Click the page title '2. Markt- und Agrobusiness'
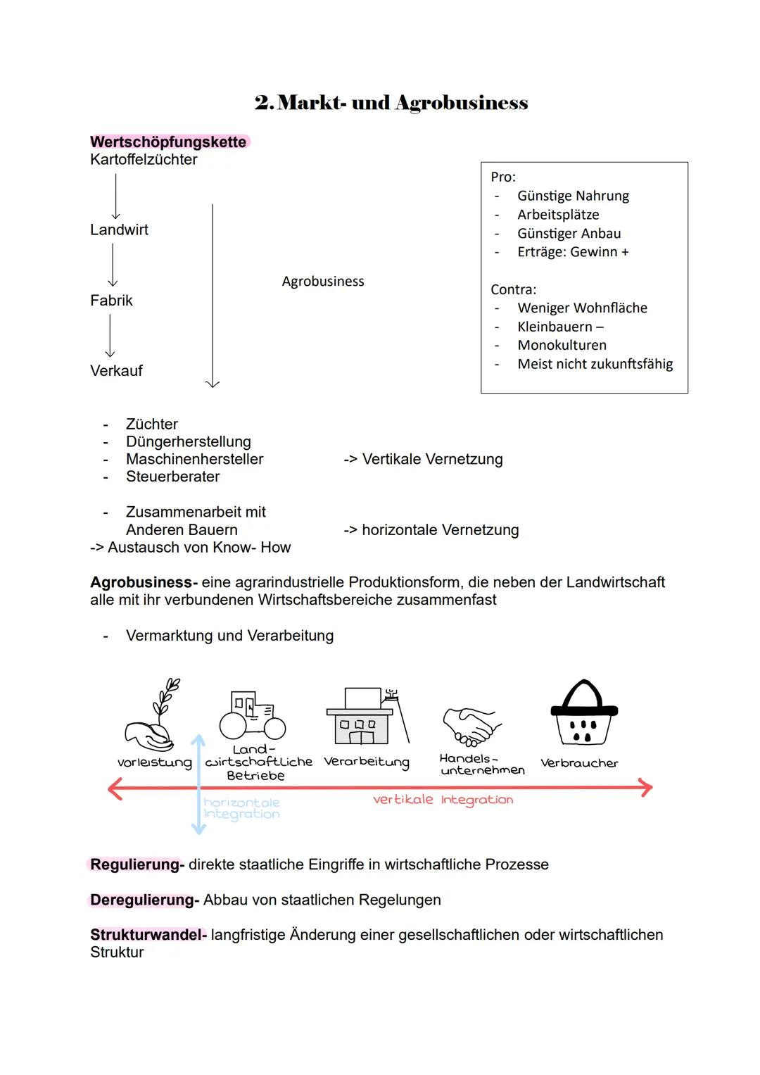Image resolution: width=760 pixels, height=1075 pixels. [391, 103]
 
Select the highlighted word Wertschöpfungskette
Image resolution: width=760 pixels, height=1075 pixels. [168, 142]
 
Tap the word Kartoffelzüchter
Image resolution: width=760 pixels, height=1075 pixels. [144, 160]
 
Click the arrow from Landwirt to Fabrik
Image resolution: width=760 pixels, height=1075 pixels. [113, 265]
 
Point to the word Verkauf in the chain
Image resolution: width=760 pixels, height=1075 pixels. [116, 371]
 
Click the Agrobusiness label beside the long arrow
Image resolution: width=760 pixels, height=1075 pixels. [323, 282]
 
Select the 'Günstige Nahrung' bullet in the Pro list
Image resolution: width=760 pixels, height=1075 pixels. [573, 196]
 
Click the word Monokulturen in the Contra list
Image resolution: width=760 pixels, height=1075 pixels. [562, 346]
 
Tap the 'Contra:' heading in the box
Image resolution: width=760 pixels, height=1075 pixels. [513, 289]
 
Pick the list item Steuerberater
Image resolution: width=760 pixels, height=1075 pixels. [172, 477]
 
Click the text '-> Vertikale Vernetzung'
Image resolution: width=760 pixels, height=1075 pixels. [423, 460]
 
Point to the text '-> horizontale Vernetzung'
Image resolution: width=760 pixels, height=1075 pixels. [431, 530]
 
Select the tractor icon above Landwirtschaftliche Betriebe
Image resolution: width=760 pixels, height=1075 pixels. [253, 715]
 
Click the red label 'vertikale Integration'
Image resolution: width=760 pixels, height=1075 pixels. [443, 800]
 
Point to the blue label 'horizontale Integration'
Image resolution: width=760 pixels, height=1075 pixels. [241, 808]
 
